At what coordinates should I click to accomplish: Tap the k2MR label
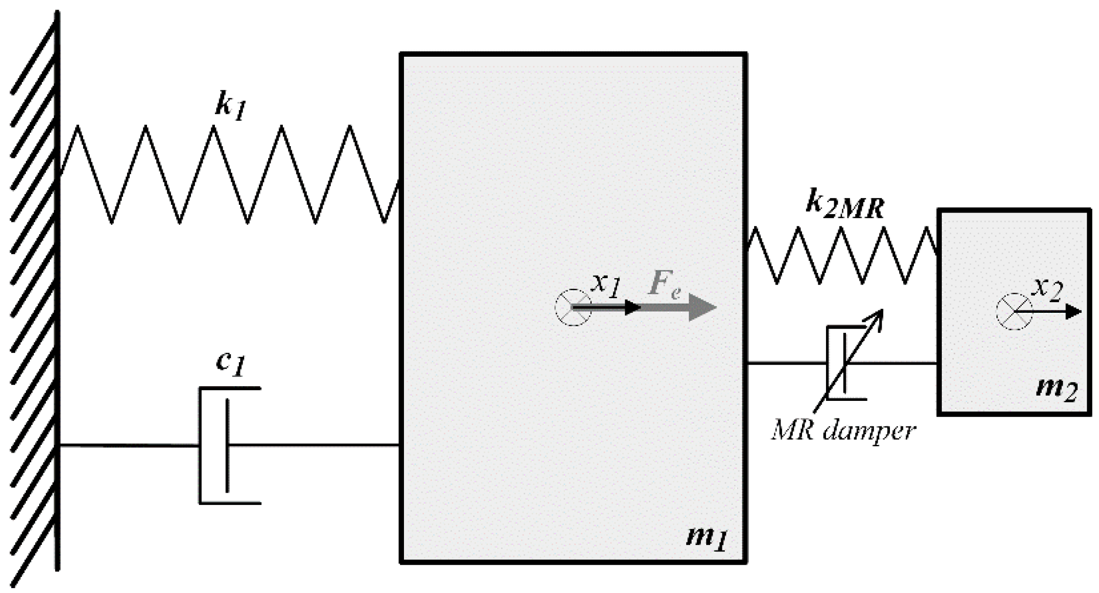point(844,205)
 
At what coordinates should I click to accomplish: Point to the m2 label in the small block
point(1057,390)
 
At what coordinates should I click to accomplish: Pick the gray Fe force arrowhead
point(702,307)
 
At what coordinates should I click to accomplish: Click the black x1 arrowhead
point(633,307)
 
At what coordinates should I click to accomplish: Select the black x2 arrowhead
point(1073,311)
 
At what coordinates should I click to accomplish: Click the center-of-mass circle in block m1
point(573,307)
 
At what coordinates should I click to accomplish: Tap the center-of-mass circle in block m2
point(1014,311)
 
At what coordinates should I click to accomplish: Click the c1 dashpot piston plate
point(227,445)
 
